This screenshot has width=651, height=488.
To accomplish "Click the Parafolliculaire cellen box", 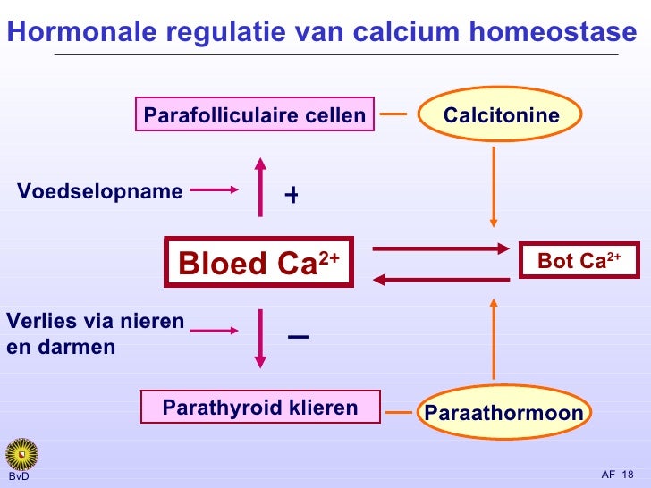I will (254, 115).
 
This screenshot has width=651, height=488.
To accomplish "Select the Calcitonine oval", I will (501, 115).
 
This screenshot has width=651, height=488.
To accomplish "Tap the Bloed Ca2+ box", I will (258, 263).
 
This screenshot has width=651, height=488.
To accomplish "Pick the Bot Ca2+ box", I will (579, 261).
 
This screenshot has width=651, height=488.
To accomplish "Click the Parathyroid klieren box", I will (260, 408).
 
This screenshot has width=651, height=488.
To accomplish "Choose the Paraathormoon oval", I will (503, 414).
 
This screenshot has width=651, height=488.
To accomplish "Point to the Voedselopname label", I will (100, 190).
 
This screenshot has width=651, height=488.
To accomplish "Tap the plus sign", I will (292, 195).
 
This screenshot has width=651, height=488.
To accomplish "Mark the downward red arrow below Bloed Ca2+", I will (260, 339).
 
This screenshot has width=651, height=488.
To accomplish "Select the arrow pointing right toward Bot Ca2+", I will (439, 248).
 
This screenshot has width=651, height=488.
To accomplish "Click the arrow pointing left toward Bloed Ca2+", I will (439, 280).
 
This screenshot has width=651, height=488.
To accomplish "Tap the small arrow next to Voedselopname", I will (213, 189).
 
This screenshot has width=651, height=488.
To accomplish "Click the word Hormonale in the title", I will (81, 32).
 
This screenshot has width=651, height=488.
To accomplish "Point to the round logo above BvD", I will (21, 454).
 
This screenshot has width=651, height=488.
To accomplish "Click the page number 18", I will (627, 474).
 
